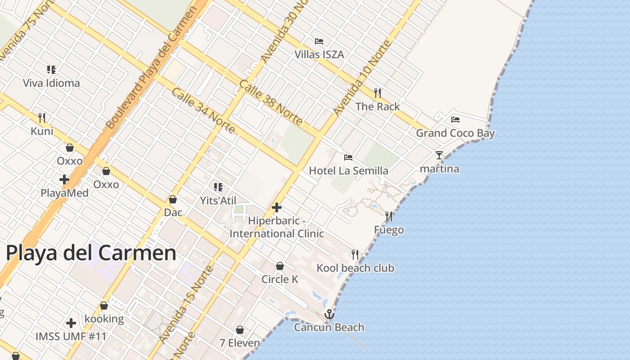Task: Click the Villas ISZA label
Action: click(319, 54)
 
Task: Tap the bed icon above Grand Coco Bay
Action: click(455, 120)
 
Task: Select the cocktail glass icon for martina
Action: click(439, 155)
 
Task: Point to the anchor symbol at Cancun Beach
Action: click(329, 314)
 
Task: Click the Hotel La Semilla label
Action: click(348, 171)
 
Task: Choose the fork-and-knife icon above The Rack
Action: click(378, 93)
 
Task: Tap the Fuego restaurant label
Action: click(389, 230)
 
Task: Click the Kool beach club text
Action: click(355, 268)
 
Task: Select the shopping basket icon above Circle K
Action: click(280, 266)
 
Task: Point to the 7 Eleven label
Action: click(239, 343)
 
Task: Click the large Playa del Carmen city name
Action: click(91, 253)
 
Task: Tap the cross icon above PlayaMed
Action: click(64, 180)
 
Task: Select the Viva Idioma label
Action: click(51, 83)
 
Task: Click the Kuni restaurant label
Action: click(42, 131)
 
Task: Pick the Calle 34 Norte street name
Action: click(203, 111)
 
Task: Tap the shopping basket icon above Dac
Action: click(173, 199)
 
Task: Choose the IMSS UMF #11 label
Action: click(71, 336)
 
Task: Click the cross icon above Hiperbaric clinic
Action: click(277, 207)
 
